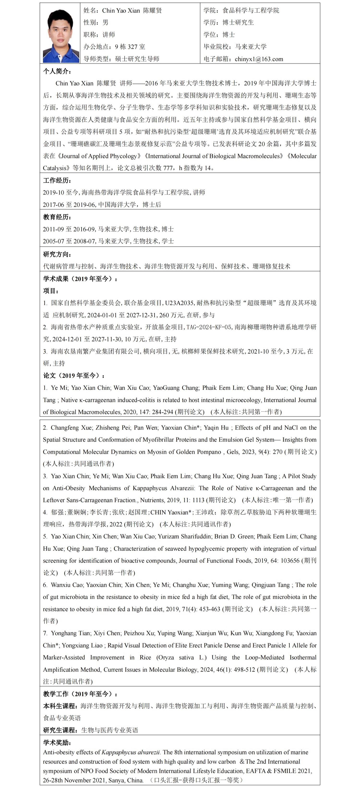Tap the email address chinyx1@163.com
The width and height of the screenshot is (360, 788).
259,59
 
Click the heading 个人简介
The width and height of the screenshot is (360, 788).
57,71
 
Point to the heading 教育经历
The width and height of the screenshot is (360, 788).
57,217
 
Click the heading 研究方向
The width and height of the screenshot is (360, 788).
57,254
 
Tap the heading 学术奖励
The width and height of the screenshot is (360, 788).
57,742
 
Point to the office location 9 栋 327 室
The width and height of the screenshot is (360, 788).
130,47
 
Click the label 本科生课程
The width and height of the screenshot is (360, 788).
60,706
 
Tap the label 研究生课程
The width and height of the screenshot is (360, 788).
60,730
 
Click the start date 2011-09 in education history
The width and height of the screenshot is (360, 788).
54,229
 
